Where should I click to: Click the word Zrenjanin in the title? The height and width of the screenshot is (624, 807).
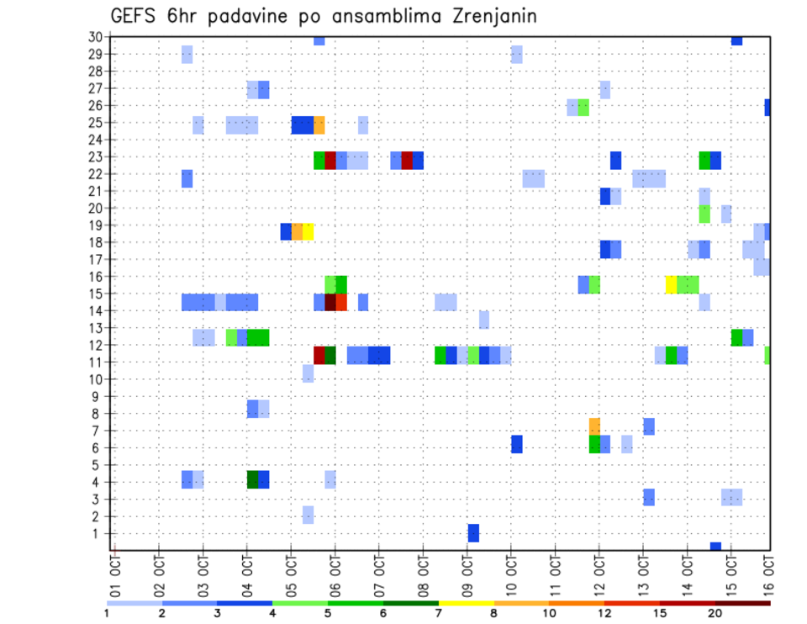[483, 16]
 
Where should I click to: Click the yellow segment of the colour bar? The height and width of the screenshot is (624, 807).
[466, 603]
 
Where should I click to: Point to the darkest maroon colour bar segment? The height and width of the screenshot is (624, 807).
[742, 603]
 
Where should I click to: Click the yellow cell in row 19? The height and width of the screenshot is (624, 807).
[309, 231]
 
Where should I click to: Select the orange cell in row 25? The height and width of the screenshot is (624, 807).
[319, 125]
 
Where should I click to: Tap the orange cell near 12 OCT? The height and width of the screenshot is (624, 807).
[594, 426]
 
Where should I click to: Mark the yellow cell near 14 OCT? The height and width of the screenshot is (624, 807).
[671, 284]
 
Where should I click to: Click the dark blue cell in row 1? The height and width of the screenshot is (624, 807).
[473, 533]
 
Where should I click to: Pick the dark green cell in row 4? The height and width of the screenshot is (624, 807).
[252, 479]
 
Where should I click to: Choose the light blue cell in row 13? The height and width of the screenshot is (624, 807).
[484, 320]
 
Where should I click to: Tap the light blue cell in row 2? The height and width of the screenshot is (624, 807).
[309, 515]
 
